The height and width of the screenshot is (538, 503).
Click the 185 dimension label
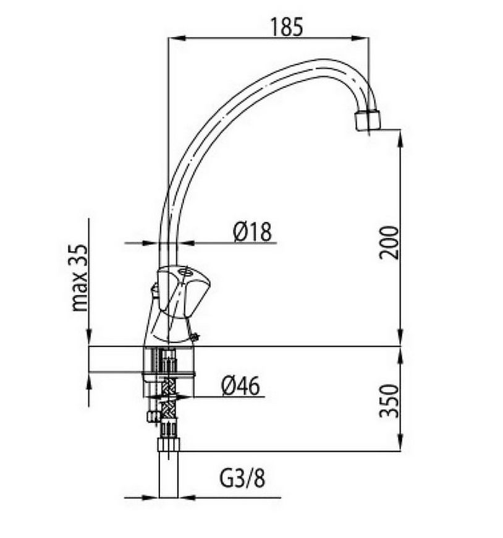pos(287,27)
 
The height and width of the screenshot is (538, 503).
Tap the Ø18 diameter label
pos(252,232)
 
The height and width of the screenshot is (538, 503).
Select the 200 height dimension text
pos(389,242)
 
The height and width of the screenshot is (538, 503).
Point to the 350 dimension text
pos(389,401)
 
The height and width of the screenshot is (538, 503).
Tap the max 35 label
pos(80,278)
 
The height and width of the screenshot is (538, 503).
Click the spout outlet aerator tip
pos(367,120)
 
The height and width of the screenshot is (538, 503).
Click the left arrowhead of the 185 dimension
pos(177,38)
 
